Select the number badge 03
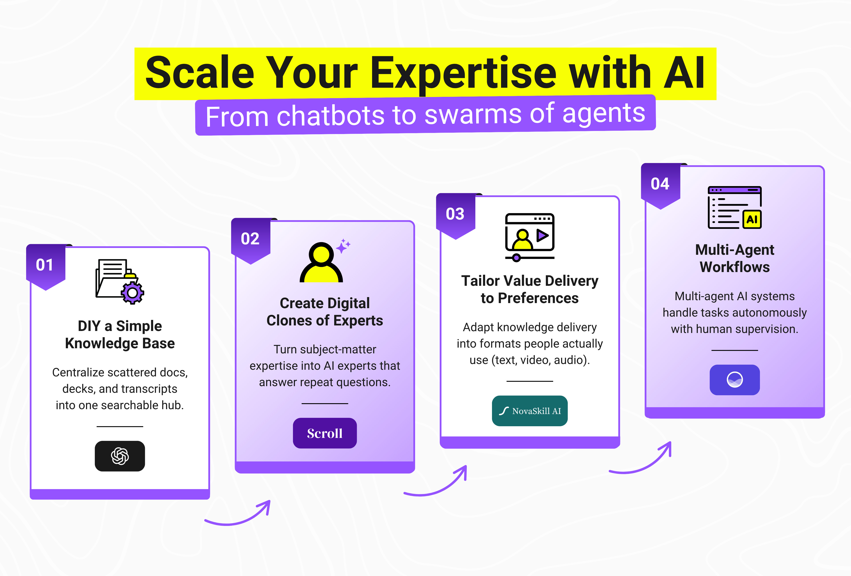coord(455,214)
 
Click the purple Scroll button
coord(324,433)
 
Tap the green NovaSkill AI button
coord(529,411)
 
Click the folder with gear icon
coord(119,281)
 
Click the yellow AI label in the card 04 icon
coord(752,220)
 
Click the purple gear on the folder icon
coord(133,293)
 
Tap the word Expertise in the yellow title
coord(463,73)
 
